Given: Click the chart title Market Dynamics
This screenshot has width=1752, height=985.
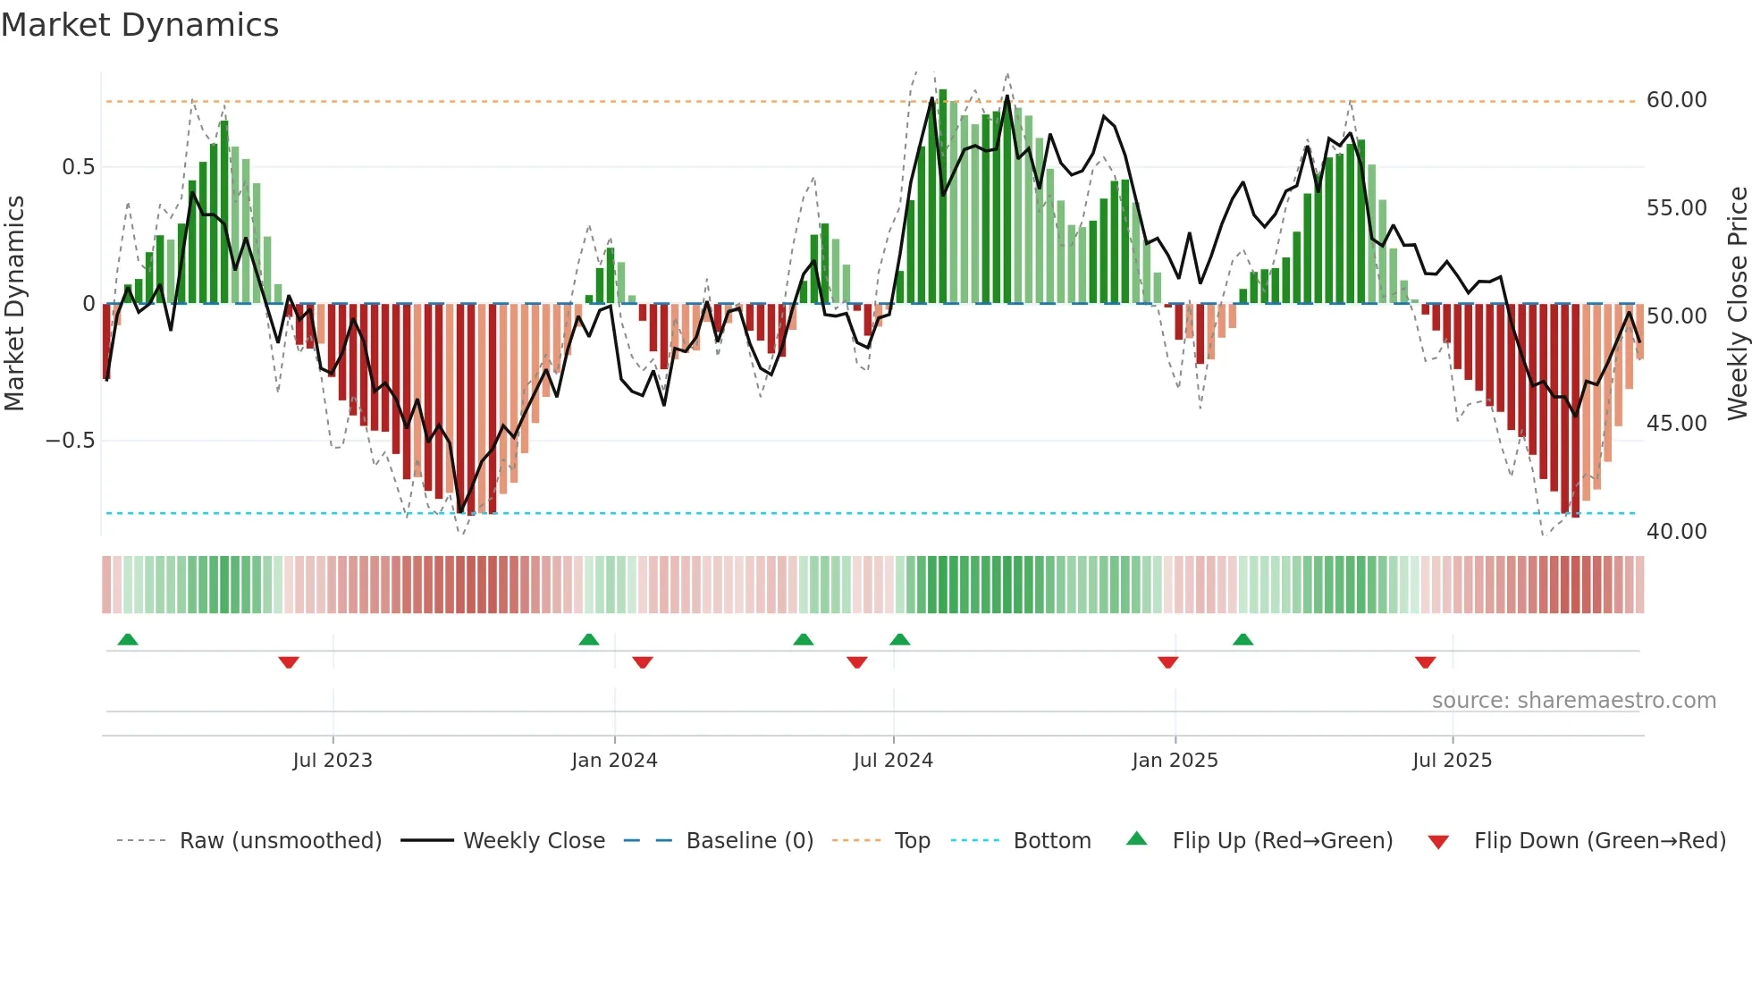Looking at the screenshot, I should pos(139,25).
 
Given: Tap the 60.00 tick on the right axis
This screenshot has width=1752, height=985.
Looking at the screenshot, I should pos(1676,100).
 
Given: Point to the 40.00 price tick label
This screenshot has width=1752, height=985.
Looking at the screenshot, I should pos(1676,532).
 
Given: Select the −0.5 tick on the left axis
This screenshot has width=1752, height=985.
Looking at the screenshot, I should pos(70,441).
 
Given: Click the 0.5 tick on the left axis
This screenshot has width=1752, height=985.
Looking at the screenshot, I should pos(78,167).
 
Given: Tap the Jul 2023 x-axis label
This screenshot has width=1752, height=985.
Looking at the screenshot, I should pos(333,761).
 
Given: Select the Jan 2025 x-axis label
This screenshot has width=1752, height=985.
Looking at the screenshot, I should pos(1175,761).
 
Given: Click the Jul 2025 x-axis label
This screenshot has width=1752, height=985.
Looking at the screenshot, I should pos(1452,761).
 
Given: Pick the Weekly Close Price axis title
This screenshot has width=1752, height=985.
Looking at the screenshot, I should pos(1737,304).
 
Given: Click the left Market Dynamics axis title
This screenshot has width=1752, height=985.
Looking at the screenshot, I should pos(14,304).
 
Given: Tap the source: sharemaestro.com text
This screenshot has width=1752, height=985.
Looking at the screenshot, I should pos(1573,701).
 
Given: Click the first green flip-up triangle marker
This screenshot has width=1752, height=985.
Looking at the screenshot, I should pos(128,639).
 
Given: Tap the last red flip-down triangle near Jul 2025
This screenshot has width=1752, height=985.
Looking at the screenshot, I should pos(1425,662).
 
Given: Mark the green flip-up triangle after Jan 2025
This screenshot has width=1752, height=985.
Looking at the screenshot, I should pos(1242,639).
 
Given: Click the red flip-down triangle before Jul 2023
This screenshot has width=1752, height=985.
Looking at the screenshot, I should pos(288,662).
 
